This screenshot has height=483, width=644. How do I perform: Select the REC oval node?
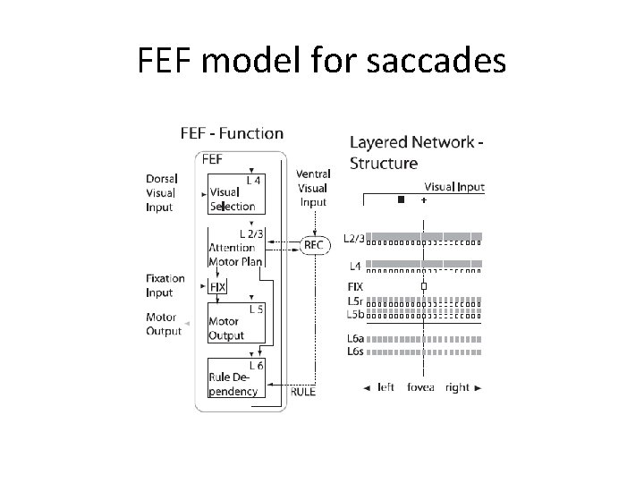[x=314, y=244]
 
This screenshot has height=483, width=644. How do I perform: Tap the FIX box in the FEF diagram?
[x=217, y=287]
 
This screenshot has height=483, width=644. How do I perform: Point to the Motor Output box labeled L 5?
[x=237, y=323]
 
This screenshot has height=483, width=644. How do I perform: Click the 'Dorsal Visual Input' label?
[x=161, y=192]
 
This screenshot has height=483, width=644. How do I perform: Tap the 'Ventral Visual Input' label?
[x=313, y=188]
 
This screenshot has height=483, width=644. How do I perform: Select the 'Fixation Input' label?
[x=165, y=285]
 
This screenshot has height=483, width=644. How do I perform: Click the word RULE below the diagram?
[x=303, y=391]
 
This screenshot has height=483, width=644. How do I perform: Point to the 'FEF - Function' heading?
[x=232, y=134]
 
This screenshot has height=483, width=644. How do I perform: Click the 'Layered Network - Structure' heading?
[x=416, y=152]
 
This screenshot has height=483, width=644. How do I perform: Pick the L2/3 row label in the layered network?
[x=354, y=239]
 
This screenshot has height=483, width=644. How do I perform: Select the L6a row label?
[x=354, y=339]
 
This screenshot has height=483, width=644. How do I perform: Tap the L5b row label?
[x=355, y=313]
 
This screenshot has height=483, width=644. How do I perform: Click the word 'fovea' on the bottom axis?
[x=420, y=388]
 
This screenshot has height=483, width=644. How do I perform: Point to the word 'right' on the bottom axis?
[x=457, y=388]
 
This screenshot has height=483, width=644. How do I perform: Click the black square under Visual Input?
[x=401, y=199]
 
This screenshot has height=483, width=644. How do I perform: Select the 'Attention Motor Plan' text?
[x=235, y=255]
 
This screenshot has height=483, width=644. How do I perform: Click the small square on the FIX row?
[x=424, y=287]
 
